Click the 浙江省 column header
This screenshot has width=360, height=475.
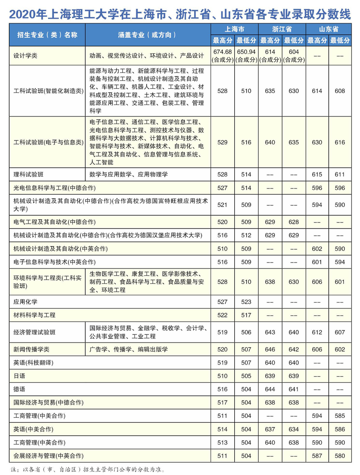(x=282, y=29)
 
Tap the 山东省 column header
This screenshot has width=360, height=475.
(x=328, y=29)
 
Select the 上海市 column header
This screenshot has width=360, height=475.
(x=234, y=29)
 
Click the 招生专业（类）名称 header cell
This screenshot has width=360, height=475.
(x=47, y=35)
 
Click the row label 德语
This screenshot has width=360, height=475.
(x=19, y=389)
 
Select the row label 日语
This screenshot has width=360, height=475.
(x=19, y=376)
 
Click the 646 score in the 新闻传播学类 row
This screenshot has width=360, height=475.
(x=270, y=349)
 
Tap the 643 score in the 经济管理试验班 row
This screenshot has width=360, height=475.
(x=270, y=332)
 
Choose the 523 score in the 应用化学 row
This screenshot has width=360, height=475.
(x=246, y=302)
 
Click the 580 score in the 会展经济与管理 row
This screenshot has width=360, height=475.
(x=340, y=456)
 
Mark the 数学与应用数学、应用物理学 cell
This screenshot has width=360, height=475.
(x=129, y=174)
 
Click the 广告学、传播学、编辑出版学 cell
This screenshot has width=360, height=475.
(x=129, y=349)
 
